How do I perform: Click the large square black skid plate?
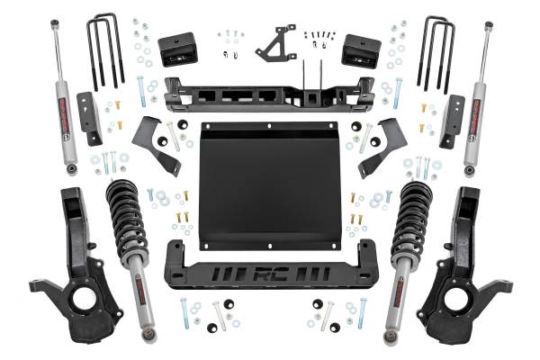coord(269,185)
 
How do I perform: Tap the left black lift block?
coord(175,50)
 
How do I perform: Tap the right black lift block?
coord(362,50)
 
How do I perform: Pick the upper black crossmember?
coord(269,93)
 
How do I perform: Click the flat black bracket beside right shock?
coord(452,119)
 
